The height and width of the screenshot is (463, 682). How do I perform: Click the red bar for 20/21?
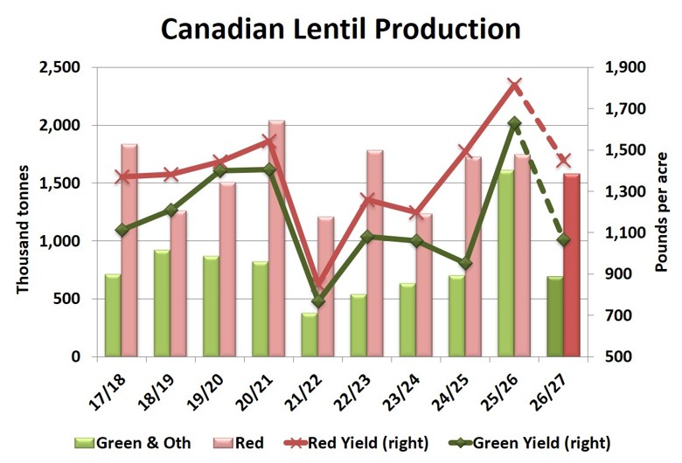coord(276,238)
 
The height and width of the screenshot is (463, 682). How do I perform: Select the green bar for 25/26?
coord(506,263)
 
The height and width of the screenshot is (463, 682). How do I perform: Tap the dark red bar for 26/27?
coord(572,265)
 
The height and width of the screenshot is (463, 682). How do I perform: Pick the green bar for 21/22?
coord(310,335)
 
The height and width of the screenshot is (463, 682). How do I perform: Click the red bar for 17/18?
coord(129,250)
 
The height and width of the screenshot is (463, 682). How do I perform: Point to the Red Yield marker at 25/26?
coord(514,86)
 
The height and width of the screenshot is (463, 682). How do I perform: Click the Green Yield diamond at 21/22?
coord(318,301)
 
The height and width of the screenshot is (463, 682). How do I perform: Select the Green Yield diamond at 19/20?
coord(220,170)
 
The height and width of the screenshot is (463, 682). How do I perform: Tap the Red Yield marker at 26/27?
coord(564,160)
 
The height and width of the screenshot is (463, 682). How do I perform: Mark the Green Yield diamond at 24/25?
coord(465,264)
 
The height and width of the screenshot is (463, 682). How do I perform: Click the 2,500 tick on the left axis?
coord(60,67)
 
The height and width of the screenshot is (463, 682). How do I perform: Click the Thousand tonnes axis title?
coord(23,230)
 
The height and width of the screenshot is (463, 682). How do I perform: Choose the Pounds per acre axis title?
coord(661,212)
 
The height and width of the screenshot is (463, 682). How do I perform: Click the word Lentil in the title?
coord(329,29)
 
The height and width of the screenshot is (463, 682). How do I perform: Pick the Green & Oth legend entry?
coord(132,443)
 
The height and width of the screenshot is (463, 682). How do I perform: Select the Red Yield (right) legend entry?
coord(356,443)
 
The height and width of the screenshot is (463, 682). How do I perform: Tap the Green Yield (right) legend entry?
coord(529,443)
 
